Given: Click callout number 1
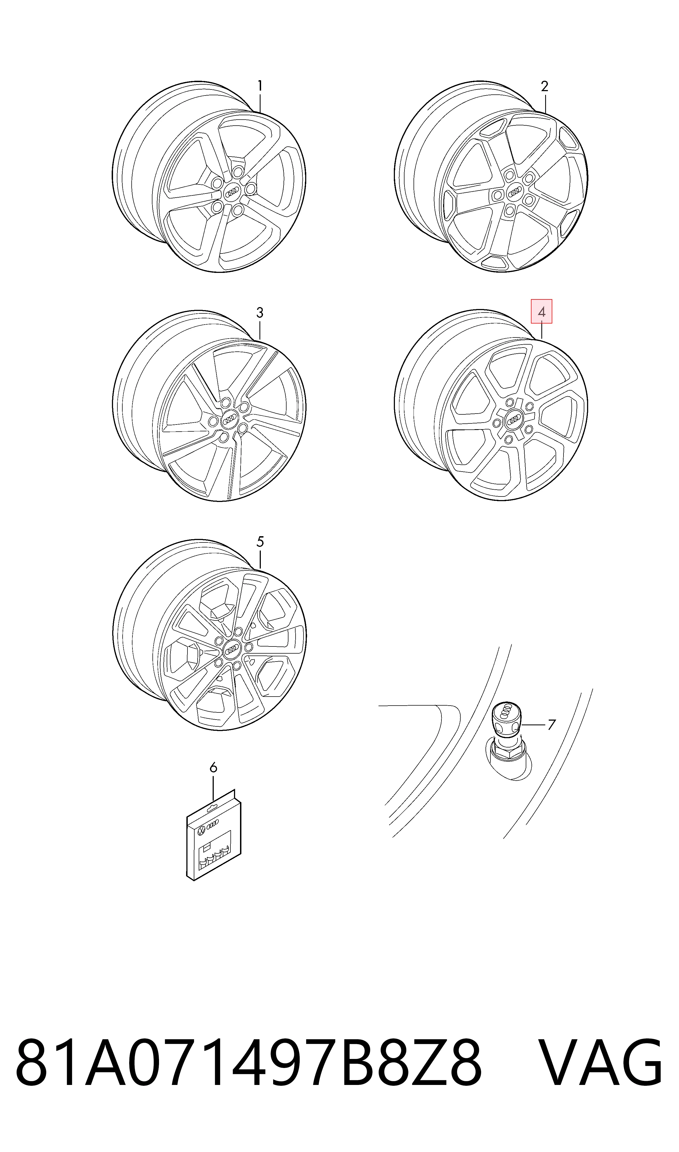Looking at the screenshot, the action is click(x=260, y=86).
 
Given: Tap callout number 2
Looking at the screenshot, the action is click(x=544, y=86).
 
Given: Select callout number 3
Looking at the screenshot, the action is click(x=260, y=313).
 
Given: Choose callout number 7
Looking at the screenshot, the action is click(x=552, y=725).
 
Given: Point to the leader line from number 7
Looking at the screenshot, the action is click(x=533, y=725).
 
